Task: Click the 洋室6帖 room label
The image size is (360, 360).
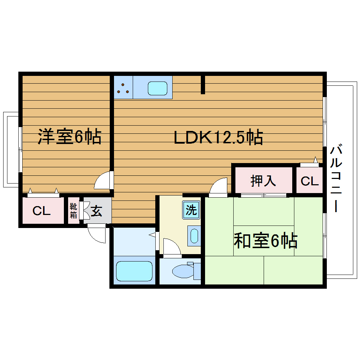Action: [70, 137]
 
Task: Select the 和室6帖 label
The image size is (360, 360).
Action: [265, 241]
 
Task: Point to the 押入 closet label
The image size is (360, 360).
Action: [263, 181]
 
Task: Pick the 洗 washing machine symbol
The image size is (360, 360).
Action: [191, 210]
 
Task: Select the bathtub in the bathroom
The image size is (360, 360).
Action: [134, 271]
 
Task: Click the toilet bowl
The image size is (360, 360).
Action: [181, 271]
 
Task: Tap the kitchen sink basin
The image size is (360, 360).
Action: [157, 88]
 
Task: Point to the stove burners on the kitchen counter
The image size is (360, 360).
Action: [123, 88]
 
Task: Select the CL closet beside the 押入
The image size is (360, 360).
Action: [310, 181]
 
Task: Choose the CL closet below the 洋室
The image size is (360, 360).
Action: [42, 211]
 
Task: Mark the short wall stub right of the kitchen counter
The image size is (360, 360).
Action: [203, 85]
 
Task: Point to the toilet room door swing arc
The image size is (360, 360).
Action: [172, 246]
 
